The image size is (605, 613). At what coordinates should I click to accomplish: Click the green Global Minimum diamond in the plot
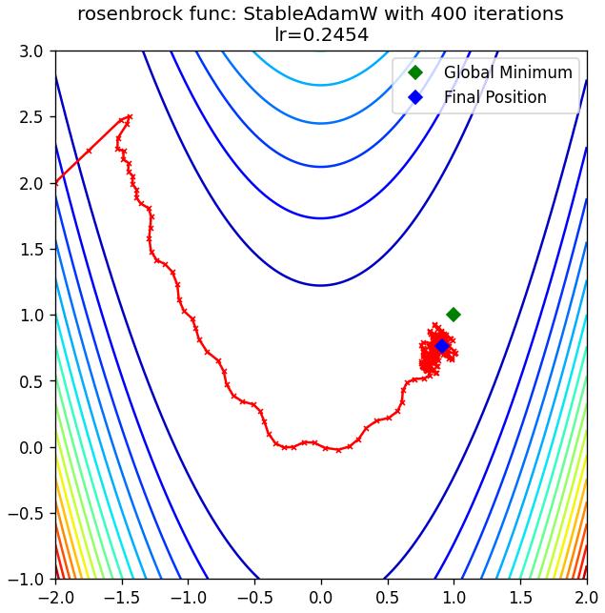454,315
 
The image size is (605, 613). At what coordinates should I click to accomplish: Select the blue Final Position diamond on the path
442,346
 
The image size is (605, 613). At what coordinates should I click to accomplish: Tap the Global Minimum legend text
508,72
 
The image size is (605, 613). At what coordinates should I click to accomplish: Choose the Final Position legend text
495,97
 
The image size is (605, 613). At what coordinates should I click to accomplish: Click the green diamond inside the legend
415,72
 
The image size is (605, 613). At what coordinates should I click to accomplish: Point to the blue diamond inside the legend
415,97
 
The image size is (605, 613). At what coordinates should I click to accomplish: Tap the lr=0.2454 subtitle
322,34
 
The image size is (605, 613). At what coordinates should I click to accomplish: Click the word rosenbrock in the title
130,14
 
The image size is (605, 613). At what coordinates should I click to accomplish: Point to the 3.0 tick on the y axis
31,51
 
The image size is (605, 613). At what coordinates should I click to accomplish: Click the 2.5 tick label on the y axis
31,117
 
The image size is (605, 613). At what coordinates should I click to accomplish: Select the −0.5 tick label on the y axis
26,513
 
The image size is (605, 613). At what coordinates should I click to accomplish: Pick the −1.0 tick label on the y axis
26,580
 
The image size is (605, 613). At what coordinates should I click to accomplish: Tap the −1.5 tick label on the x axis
122,598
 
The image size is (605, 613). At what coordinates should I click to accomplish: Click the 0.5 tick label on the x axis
388,598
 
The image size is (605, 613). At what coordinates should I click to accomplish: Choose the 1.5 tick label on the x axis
520,598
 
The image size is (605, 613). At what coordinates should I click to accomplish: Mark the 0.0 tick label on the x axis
321,598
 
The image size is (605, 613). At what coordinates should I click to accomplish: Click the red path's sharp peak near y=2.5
131,116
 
